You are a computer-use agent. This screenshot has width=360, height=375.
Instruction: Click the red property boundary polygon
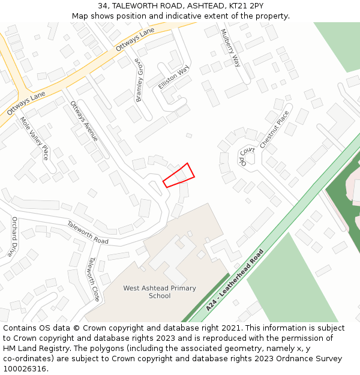(x=179, y=175)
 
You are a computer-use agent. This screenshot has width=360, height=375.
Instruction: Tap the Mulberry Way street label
(x=230, y=47)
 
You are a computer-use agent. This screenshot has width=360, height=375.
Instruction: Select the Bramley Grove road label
(x=139, y=80)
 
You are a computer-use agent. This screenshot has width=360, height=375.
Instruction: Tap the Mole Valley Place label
(x=34, y=139)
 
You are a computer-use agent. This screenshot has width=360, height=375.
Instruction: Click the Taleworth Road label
(x=88, y=233)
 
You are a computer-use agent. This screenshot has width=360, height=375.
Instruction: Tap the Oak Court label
(x=247, y=156)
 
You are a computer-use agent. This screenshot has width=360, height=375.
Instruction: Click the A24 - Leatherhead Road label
(x=235, y=280)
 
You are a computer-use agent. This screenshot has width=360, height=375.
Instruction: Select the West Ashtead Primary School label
(x=160, y=292)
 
